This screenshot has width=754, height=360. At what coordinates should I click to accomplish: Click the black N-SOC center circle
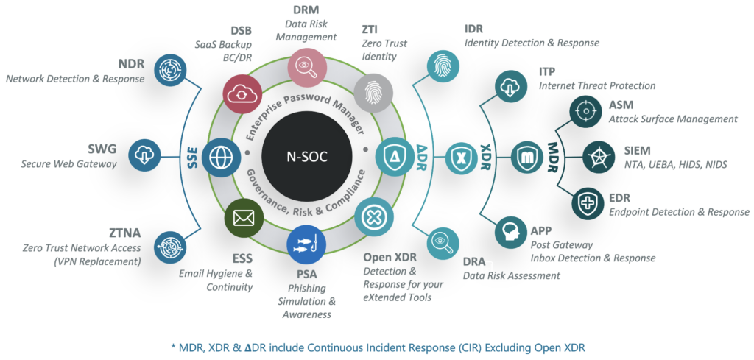(305, 156)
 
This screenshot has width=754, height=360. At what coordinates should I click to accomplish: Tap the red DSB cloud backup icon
(242, 94)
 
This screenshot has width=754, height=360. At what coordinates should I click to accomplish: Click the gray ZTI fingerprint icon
(369, 93)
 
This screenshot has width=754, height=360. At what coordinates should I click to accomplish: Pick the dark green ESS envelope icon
(243, 219)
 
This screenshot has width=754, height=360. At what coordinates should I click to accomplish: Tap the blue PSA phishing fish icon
(306, 244)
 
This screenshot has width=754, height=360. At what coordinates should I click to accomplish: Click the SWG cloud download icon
(144, 155)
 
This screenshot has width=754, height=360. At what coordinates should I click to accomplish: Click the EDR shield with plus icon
(587, 200)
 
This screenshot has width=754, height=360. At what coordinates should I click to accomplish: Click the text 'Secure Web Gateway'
(68, 164)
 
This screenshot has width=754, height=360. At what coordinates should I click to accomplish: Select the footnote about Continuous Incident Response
(376, 347)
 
